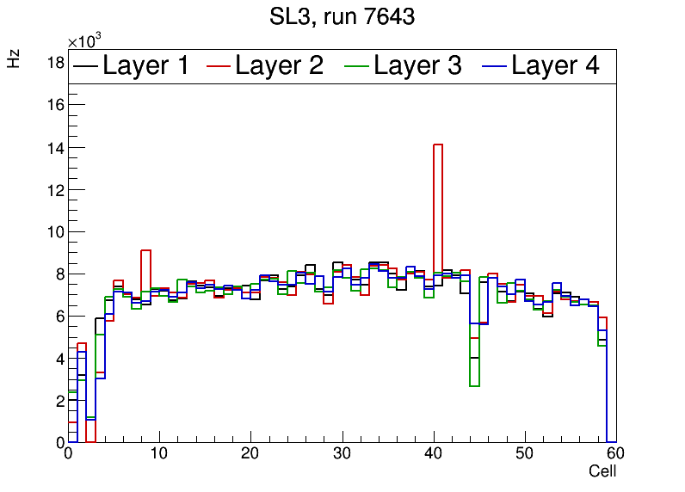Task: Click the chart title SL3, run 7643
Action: coord(342,17)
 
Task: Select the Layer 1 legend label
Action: coord(145,66)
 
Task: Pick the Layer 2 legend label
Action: coord(279,66)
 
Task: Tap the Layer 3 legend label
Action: coord(417,66)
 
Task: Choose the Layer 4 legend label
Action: coord(555,66)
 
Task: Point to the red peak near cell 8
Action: coord(145,250)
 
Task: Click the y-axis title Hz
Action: coord(14,59)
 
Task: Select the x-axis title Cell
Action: coord(602,471)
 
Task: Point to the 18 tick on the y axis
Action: coord(54,63)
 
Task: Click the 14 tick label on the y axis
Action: coord(54,147)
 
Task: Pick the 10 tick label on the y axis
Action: coord(54,231)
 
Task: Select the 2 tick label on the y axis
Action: coord(58,401)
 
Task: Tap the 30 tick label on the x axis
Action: coord(342,454)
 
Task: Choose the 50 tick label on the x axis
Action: coord(524,454)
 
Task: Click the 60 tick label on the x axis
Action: coord(614,454)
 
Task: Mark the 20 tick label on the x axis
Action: coord(250,454)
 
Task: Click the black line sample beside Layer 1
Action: coord(86,66)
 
